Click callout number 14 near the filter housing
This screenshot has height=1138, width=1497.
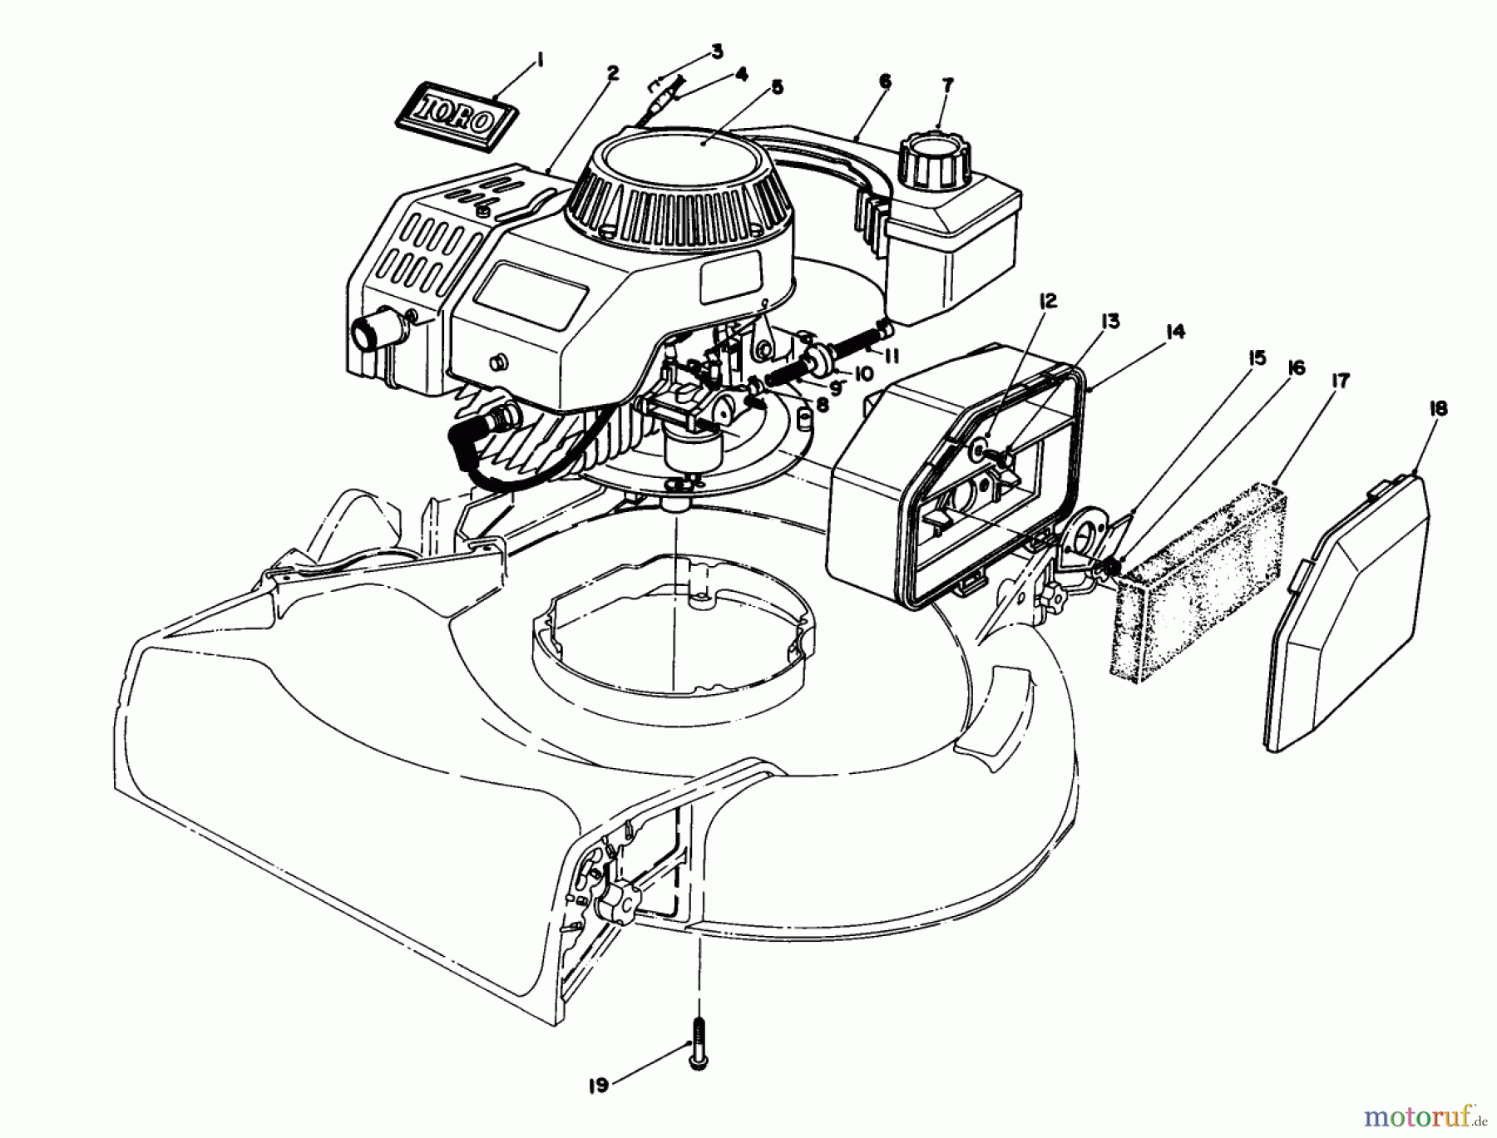(1174, 333)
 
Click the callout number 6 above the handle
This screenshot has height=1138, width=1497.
(884, 81)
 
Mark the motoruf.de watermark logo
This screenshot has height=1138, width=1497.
(1427, 1113)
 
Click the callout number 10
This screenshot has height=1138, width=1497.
(863, 375)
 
